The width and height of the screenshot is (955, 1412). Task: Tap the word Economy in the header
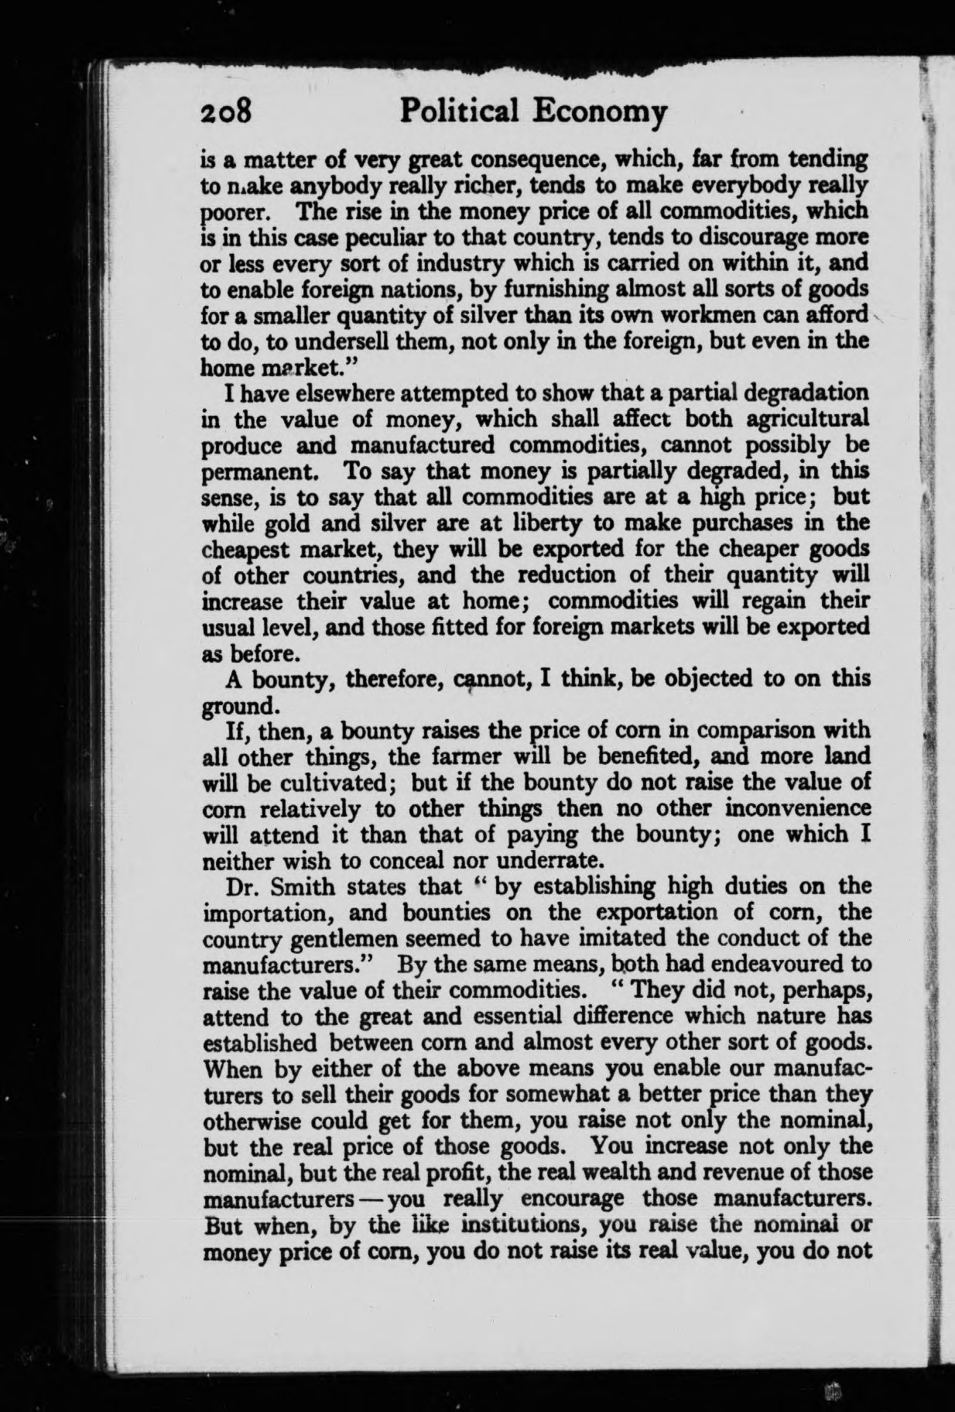[600, 113]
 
